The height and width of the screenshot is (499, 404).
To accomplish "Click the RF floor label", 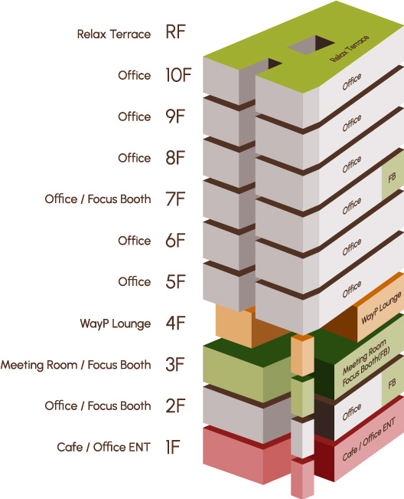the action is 175,32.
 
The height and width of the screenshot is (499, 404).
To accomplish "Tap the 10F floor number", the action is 178,75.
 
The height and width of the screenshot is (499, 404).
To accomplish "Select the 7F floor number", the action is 175,199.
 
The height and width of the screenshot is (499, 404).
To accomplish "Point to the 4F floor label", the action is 175,323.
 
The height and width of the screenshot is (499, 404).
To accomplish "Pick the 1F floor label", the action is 172,447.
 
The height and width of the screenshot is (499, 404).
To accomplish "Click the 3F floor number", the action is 175,364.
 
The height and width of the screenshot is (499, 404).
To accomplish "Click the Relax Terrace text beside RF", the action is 114,34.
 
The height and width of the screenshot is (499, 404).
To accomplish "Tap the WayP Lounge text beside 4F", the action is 116,323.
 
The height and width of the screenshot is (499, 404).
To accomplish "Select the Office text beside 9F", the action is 135,117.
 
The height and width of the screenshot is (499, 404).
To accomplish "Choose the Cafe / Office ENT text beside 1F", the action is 103,447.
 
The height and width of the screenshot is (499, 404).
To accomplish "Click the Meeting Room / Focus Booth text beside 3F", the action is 76,365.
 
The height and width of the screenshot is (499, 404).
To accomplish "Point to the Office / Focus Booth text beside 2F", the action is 98,405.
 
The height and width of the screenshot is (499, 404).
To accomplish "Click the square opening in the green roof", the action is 311,45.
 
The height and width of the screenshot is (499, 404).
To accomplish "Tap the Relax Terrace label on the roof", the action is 350,48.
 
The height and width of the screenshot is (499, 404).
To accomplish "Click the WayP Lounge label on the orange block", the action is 381,308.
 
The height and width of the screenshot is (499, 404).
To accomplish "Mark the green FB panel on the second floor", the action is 393,383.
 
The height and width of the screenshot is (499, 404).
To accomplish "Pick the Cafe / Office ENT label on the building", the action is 369,439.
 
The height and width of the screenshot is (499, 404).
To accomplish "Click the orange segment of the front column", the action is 302,355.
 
